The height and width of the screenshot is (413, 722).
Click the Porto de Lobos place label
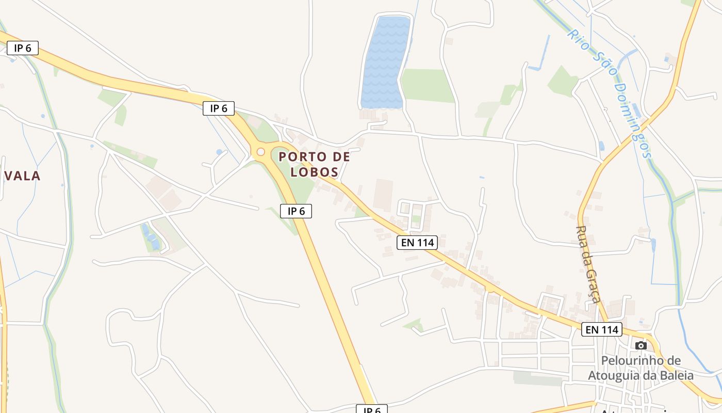pos(314,164)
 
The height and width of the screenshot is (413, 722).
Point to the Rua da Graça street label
pos(588,264)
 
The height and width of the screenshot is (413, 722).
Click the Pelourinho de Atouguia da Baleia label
pos(641,368)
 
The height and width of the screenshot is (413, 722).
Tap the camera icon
pos(641,345)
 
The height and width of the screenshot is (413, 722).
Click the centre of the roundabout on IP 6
pos(260,152)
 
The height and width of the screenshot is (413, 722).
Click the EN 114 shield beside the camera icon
pos(602,329)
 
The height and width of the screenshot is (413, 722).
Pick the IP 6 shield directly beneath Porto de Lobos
pos(296,211)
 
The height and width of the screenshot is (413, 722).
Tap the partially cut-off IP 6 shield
pos(371,409)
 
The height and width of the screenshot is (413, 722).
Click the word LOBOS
pos(314,172)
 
